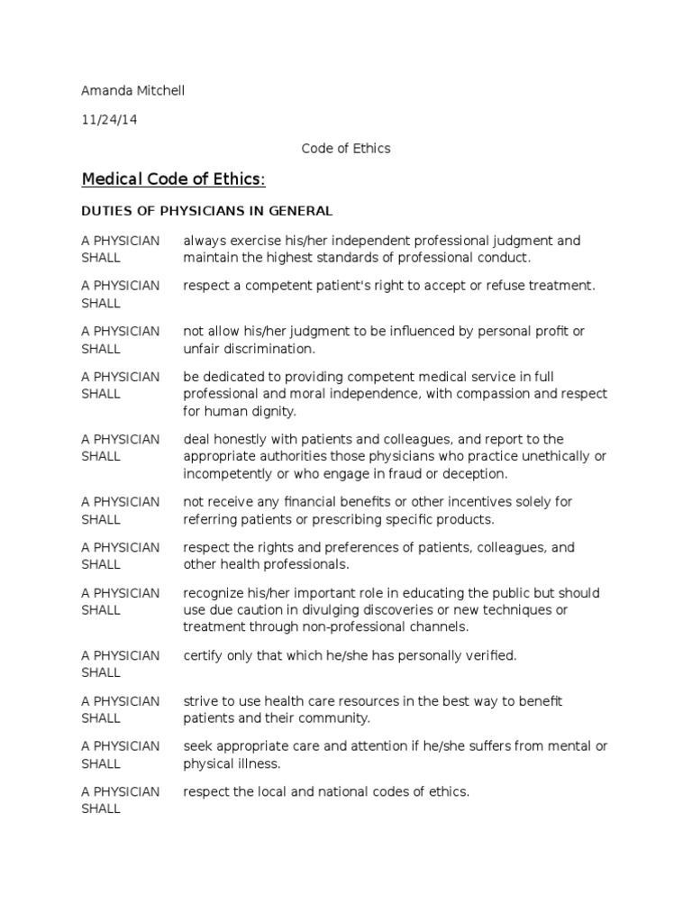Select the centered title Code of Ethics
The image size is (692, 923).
(346, 148)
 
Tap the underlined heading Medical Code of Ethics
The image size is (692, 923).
(173, 179)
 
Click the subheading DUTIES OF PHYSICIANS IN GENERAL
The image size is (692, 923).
(207, 211)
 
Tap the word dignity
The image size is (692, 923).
(283, 411)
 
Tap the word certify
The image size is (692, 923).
(204, 655)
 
